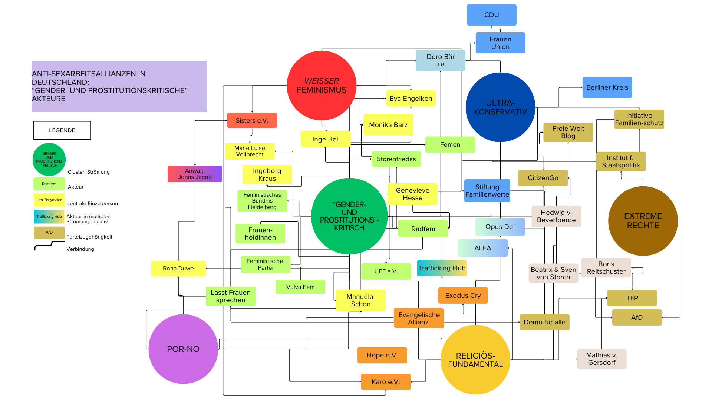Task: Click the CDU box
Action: [x=491, y=15]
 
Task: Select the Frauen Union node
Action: [x=500, y=43]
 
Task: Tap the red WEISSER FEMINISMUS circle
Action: [x=321, y=86]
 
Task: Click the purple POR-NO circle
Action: [x=183, y=349]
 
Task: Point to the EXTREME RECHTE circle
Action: [x=643, y=221]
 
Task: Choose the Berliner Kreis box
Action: [x=607, y=87]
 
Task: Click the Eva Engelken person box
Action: [x=411, y=99]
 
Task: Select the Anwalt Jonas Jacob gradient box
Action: [x=195, y=174]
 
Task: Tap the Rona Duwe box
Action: [x=178, y=269]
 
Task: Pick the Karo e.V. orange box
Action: [x=385, y=382]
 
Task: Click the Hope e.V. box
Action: [x=382, y=355]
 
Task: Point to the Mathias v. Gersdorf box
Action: [x=601, y=359]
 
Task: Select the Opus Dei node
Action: [x=500, y=227]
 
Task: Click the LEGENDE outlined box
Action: [x=62, y=130]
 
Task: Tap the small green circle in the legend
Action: [x=49, y=160]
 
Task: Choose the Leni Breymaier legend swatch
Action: [x=49, y=200]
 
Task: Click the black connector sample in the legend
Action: [x=49, y=245]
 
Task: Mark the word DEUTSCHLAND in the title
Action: [x=60, y=82]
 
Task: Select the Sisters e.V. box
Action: [x=252, y=120]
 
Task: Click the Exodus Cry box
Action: [x=463, y=296]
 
